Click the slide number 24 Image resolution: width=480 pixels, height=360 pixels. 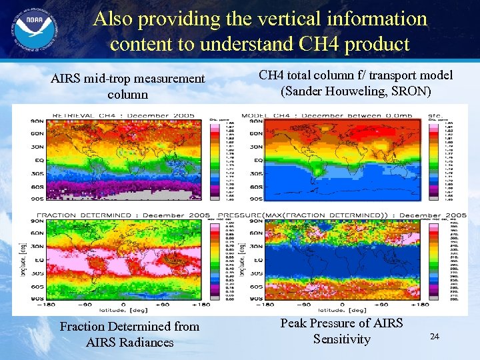(434, 337)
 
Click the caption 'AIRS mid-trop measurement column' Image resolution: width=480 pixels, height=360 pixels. (128, 87)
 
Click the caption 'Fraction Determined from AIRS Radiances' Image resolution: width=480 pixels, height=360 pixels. (129, 334)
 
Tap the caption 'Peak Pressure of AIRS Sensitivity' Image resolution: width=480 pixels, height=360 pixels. (341, 331)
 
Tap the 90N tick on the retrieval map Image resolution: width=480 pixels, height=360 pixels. (36, 121)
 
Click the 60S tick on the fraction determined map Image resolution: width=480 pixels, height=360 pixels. (36, 286)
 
